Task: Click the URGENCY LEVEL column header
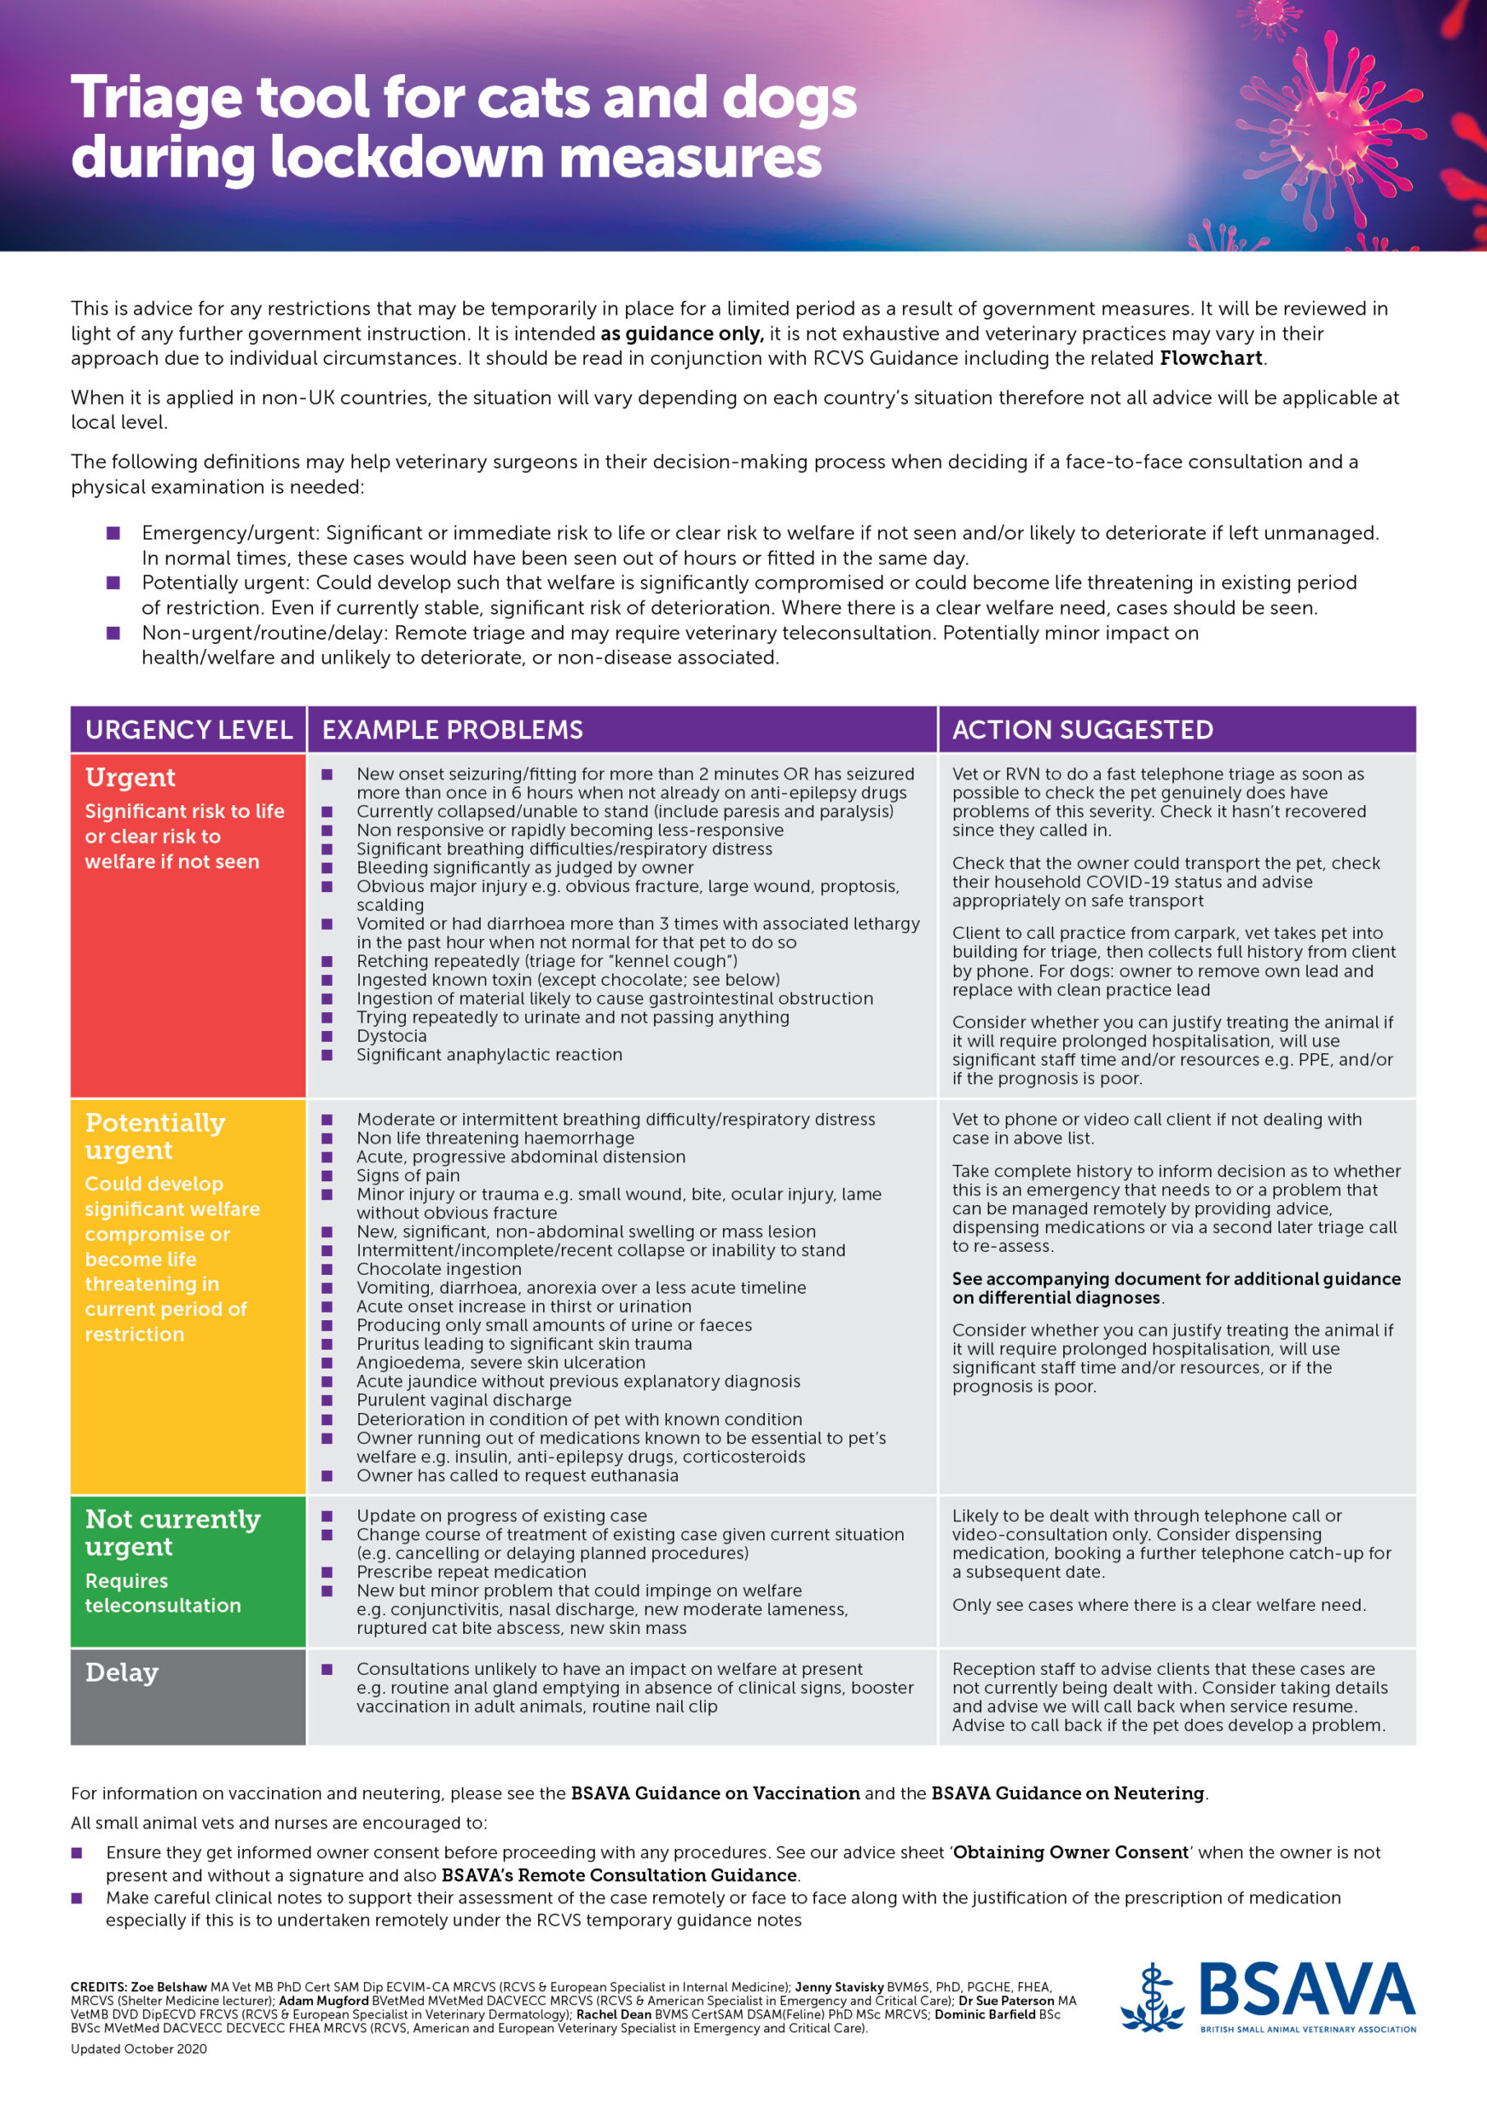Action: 189,729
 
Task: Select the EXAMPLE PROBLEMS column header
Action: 453,729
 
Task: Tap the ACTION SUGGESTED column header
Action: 1082,729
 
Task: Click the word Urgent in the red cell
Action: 130,777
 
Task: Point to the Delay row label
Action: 122,1672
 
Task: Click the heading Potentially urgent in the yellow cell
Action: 154,1136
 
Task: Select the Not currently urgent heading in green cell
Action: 173,1532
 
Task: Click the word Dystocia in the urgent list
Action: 391,1036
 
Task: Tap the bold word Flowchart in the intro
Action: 1211,358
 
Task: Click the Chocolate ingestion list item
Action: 439,1268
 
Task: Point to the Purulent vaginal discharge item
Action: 463,1400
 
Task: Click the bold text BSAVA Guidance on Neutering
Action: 1067,1792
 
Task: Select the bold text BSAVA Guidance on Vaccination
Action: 715,1792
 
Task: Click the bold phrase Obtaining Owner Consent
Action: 1070,1852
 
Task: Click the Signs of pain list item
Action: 407,1176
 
